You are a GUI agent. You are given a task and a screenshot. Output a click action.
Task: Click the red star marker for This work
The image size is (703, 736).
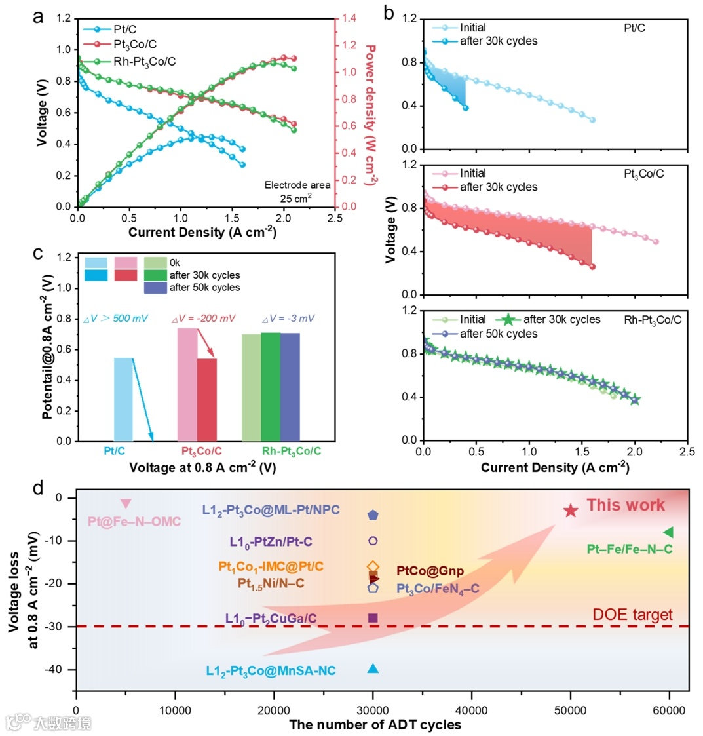(x=571, y=511)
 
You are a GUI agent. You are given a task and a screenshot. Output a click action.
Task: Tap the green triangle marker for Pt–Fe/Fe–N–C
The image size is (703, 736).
(x=668, y=532)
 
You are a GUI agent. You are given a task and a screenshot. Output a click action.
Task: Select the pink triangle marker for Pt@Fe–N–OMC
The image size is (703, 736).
(x=126, y=503)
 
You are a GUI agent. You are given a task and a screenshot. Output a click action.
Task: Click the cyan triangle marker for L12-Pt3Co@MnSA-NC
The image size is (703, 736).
(x=373, y=668)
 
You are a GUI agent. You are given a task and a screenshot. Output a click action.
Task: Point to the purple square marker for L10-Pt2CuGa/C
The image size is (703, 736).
(x=373, y=618)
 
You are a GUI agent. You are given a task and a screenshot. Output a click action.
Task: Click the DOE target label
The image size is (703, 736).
(x=632, y=615)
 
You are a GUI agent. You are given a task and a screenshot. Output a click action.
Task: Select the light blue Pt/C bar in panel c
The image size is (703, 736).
(x=124, y=399)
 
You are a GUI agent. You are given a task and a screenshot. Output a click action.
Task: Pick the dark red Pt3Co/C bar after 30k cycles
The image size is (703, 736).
(x=207, y=400)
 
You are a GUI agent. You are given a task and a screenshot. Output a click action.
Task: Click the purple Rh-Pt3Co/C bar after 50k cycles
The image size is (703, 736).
(x=290, y=387)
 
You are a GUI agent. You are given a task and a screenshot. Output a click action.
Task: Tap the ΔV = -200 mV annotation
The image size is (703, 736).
(x=203, y=319)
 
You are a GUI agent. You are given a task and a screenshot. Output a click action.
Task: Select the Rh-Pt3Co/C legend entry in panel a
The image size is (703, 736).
(x=149, y=62)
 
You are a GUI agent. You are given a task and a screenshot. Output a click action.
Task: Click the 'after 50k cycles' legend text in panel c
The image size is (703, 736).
(x=204, y=287)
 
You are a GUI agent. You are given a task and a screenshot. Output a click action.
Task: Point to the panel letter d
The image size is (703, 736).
(x=39, y=487)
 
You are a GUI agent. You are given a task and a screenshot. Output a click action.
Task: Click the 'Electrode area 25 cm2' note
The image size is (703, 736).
(x=297, y=191)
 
